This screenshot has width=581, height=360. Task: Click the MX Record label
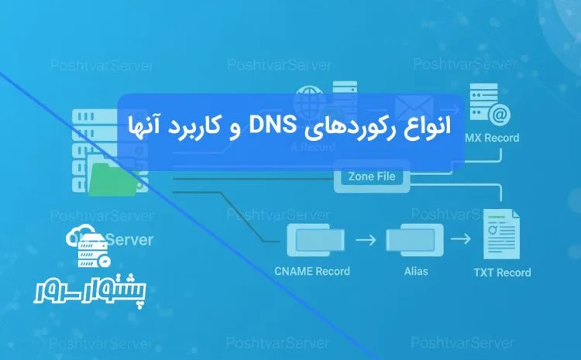point(492,139)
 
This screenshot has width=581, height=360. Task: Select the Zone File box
point(372,177)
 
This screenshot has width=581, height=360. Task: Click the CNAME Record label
point(311,271)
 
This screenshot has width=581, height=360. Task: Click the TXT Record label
point(502,272)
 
